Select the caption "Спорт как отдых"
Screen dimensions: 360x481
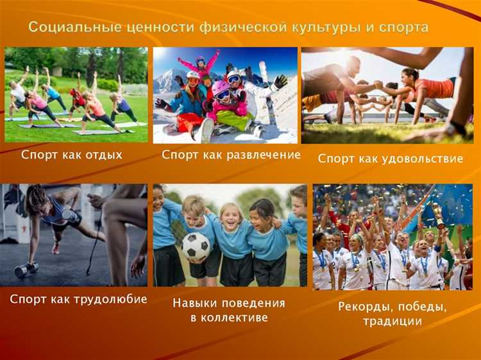coord(72,155)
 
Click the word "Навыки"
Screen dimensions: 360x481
coord(197,303)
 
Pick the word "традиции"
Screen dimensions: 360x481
coord(392,321)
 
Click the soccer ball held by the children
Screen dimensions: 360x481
coord(196,245)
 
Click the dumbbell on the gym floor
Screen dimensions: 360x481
coord(26,269)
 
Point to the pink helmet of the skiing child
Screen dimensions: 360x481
coord(220,87)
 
